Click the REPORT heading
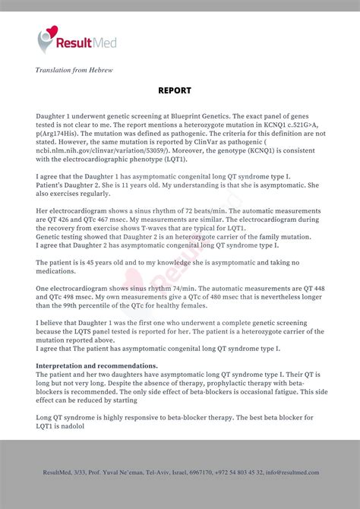click(175, 90)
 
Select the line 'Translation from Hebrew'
click(74, 70)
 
